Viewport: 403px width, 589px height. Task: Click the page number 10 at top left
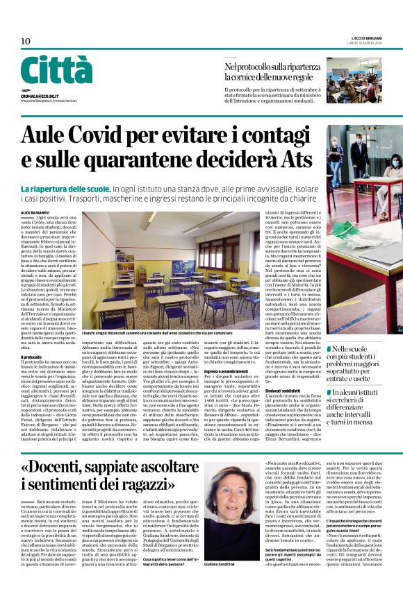click(x=26, y=42)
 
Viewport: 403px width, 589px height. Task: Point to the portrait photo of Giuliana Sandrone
click(x=231, y=490)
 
